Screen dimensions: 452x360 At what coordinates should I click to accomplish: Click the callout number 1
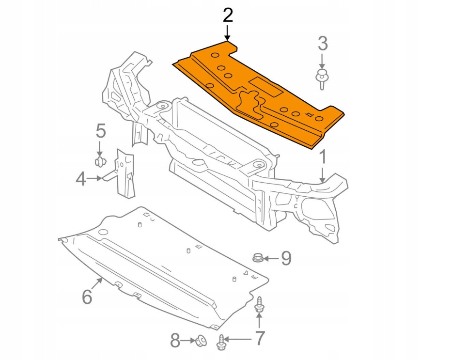pyautogui.click(x=323, y=157)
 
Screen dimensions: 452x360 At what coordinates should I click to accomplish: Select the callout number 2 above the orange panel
pyautogui.click(x=228, y=16)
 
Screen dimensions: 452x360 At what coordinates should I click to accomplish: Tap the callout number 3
pyautogui.click(x=323, y=44)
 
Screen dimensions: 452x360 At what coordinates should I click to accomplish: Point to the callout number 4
pyautogui.click(x=81, y=179)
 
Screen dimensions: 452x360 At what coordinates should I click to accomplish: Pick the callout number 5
pyautogui.click(x=100, y=131)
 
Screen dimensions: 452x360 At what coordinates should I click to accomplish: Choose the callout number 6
pyautogui.click(x=87, y=296)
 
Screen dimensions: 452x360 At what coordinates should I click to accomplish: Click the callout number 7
pyautogui.click(x=260, y=338)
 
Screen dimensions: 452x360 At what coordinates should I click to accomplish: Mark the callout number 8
pyautogui.click(x=175, y=341)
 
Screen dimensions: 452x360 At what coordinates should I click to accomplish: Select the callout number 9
pyautogui.click(x=286, y=259)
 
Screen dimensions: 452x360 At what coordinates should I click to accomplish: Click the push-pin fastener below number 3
pyautogui.click(x=321, y=79)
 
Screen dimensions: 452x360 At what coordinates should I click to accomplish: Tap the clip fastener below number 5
pyautogui.click(x=100, y=161)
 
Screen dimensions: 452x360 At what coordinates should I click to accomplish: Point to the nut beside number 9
pyautogui.click(x=258, y=258)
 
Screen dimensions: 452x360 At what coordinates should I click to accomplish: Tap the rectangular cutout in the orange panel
pyautogui.click(x=266, y=86)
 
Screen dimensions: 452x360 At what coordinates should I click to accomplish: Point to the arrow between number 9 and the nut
pyautogui.click(x=271, y=259)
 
